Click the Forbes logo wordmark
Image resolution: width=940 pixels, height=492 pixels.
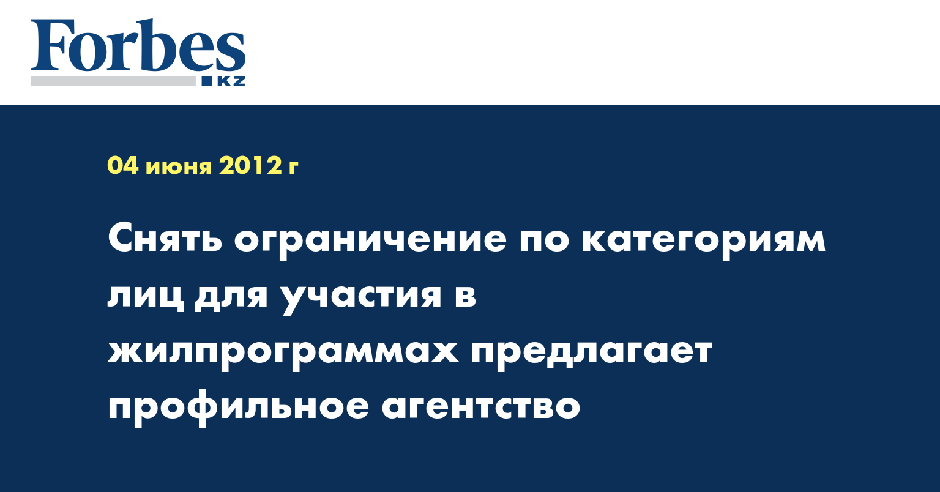coord(138,46)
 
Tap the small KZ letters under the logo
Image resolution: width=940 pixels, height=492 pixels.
coord(231,81)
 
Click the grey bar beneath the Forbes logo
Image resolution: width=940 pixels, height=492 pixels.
coord(113,81)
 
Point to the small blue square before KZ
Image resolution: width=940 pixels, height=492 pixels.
coord(207,81)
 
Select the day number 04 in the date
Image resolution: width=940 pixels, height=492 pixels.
coord(123,166)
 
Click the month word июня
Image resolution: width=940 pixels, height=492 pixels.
coord(179,168)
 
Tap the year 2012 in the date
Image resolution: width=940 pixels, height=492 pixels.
coord(250,166)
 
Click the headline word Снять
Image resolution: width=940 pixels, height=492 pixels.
coord(165,239)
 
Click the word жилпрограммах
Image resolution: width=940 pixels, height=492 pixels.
coord(284,355)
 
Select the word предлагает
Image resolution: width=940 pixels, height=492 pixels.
coord(592,355)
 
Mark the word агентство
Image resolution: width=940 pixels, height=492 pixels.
coord(481,407)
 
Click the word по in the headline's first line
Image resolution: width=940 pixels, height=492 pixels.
coord(544,241)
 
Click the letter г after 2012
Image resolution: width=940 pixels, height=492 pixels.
coord(293,168)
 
